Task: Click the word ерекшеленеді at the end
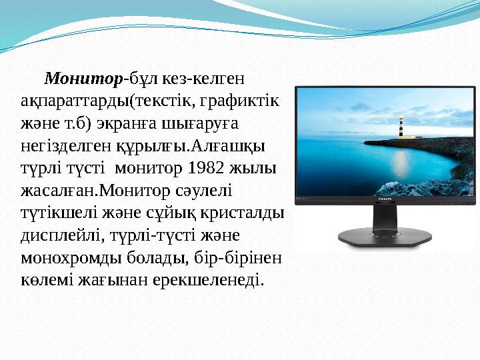219,279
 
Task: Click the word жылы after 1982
259,168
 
